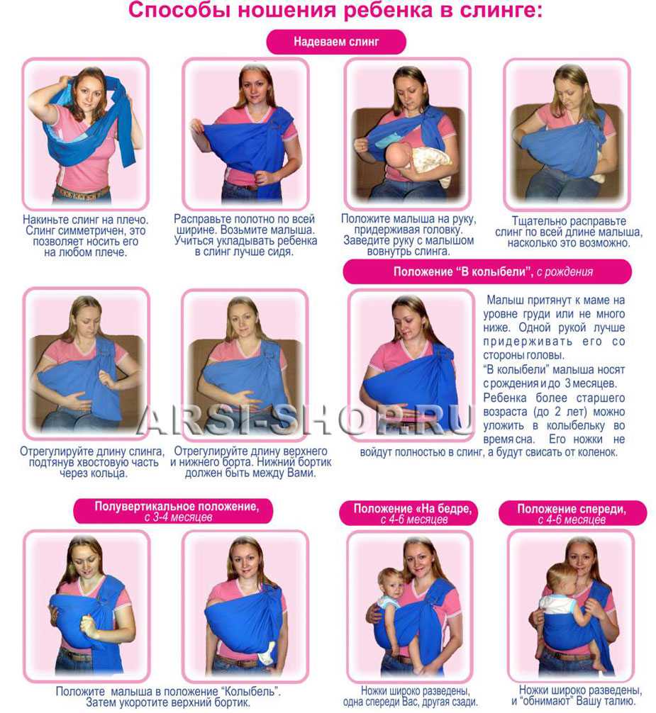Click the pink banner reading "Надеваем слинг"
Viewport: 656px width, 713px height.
pyautogui.click(x=335, y=42)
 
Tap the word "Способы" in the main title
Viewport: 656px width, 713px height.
pyautogui.click(x=179, y=10)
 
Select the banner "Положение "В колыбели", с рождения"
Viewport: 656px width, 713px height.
pyautogui.click(x=487, y=272)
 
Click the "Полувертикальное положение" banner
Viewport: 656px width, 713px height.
pyautogui.click(x=173, y=511)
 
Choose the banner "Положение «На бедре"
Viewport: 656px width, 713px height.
pyautogui.click(x=408, y=514)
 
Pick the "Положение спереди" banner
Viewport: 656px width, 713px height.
pyautogui.click(x=572, y=514)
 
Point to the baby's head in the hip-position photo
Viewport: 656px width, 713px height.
pyautogui.click(x=391, y=583)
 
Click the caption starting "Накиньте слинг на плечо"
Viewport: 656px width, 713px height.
pyautogui.click(x=85, y=236)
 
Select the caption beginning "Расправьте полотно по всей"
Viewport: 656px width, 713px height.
pyautogui.click(x=245, y=235)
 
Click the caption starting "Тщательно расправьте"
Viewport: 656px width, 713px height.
pyautogui.click(x=569, y=232)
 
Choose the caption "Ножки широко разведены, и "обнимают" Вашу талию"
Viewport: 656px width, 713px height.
pyautogui.click(x=577, y=695)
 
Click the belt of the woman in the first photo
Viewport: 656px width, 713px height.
pyautogui.click(x=82, y=193)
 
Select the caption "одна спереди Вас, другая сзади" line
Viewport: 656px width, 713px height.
pyautogui.click(x=411, y=702)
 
